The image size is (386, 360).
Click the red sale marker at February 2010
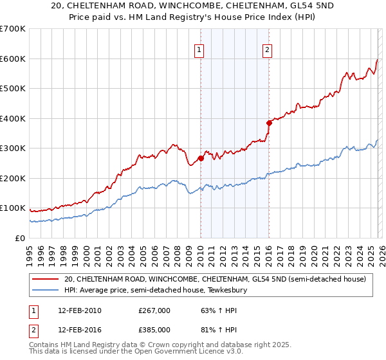[x=201, y=158]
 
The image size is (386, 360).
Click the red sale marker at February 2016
[x=269, y=123]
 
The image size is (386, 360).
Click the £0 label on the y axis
[x=21, y=238]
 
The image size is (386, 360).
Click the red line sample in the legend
[x=45, y=279]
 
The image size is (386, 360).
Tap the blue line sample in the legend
[x=45, y=291]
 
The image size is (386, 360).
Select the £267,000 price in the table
[x=154, y=310]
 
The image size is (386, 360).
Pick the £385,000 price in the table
[x=154, y=329]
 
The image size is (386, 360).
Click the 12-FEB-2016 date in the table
[x=78, y=329]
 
